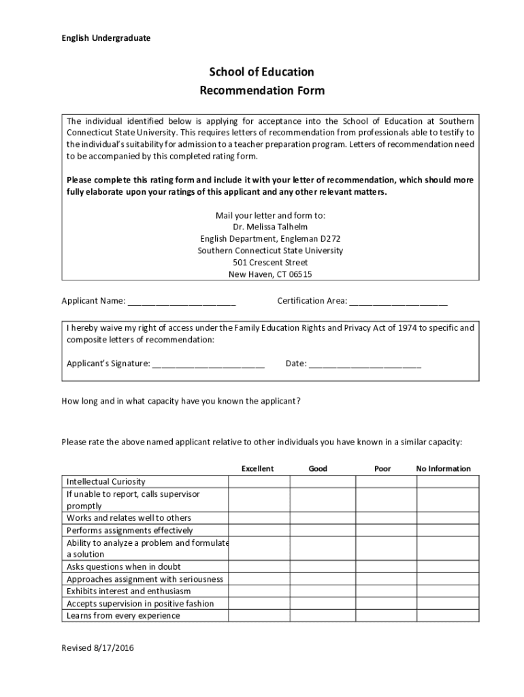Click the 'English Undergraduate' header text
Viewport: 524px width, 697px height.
106,38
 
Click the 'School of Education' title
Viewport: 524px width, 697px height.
261,72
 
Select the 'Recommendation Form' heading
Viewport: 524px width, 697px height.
261,91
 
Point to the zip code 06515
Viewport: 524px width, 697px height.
299,274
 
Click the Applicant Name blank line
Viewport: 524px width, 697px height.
182,301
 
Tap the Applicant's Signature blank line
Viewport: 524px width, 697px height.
208,363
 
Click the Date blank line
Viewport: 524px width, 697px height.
365,363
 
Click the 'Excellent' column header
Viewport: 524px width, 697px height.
257,468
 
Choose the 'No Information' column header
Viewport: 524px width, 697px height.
443,468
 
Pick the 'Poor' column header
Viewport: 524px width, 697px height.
382,468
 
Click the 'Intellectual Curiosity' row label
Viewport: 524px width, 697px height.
105,481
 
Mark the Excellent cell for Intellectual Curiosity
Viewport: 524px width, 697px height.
259,481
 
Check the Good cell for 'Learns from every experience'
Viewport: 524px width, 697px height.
323,615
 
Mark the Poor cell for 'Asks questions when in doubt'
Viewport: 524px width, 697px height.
386,566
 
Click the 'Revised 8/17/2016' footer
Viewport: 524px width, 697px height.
97,648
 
